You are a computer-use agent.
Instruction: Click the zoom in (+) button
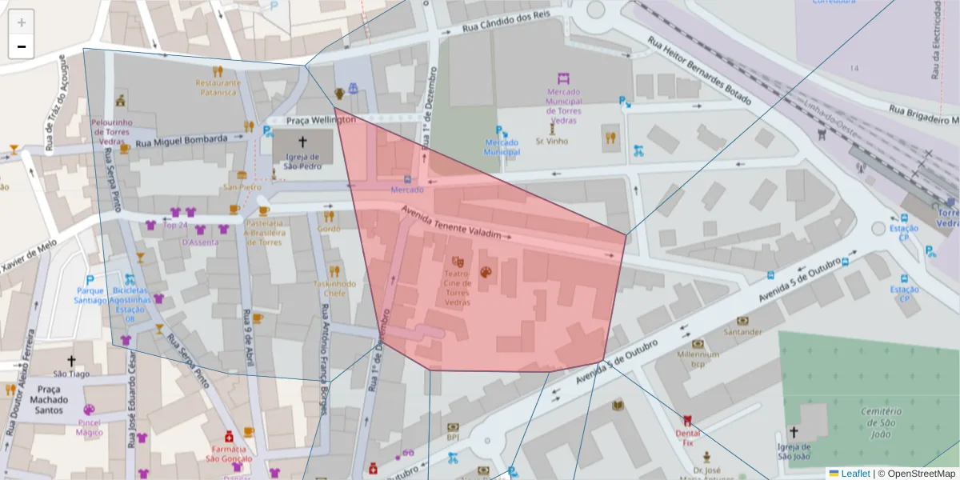(22, 22)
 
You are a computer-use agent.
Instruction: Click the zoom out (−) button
(22, 46)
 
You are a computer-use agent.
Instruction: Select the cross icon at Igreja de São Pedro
(302, 141)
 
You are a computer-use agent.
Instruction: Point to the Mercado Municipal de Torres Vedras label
(563, 101)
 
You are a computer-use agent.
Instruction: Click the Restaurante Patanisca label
(218, 87)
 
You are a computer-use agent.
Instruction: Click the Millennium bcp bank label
(698, 358)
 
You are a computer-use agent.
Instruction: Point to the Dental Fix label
(688, 437)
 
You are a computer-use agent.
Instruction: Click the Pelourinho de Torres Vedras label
(111, 131)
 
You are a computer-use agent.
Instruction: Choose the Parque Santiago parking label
(90, 295)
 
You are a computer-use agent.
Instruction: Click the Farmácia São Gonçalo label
(229, 454)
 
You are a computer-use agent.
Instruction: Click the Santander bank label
(742, 331)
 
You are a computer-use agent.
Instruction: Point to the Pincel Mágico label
(89, 427)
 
